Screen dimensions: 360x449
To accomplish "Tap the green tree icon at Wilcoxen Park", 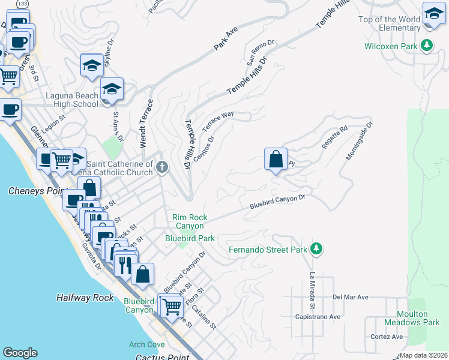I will pyautogui.click(x=427, y=45).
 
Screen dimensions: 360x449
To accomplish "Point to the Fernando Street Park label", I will pyautogui.click(x=268, y=249).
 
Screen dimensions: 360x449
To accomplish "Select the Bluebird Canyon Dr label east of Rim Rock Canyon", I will pyautogui.click(x=278, y=203).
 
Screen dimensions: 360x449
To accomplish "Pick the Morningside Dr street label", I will pyautogui.click(x=360, y=141).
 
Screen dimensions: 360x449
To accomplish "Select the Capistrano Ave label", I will pyautogui.click(x=318, y=316).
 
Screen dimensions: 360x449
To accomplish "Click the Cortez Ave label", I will pyautogui.click(x=387, y=337).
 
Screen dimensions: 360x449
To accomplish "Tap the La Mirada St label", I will pyautogui.click(x=313, y=288).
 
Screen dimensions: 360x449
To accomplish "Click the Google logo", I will pyautogui.click(x=20, y=353).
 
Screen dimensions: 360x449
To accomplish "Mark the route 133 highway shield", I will pyautogui.click(x=22, y=4).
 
